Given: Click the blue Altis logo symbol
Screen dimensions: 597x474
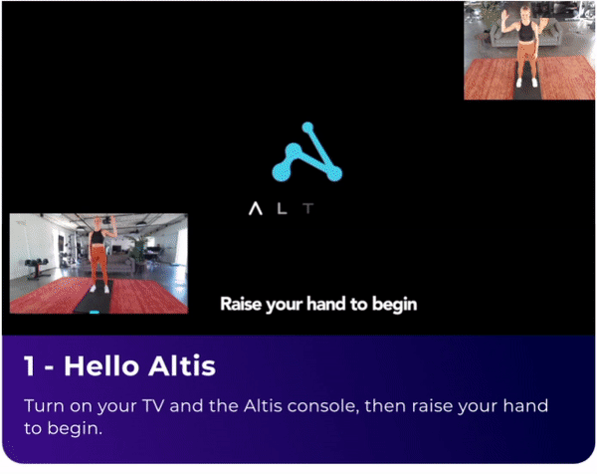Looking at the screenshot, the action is click(306, 152).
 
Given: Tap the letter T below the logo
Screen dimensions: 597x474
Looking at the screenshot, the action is click(308, 208).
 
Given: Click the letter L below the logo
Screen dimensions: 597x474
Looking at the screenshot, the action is click(282, 208).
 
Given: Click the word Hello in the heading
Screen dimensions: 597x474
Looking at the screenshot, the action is click(101, 366).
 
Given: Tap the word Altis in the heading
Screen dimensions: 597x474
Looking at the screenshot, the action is click(182, 366).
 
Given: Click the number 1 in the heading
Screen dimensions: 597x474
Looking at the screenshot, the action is click(29, 366).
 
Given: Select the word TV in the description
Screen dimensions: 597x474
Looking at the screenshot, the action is click(153, 406).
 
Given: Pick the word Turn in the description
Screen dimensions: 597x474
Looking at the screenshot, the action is click(44, 406).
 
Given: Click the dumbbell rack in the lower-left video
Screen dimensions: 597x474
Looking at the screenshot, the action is click(36, 268).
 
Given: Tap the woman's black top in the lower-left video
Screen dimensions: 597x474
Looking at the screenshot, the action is click(98, 236).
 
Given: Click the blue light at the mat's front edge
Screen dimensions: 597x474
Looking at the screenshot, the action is click(95, 312).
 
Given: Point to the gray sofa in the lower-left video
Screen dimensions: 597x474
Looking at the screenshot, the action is click(121, 263).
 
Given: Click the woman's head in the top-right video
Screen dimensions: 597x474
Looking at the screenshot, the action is click(525, 11).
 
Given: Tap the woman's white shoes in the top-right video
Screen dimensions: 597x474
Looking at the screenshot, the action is click(527, 83).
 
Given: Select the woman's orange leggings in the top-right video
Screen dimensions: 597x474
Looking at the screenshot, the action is click(527, 59).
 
